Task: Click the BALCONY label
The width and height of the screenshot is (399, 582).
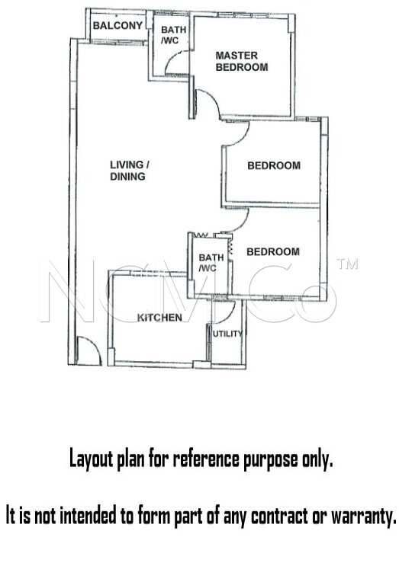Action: (117, 26)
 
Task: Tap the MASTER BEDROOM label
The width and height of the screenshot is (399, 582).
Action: (242, 61)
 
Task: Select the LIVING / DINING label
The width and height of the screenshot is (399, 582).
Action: (130, 171)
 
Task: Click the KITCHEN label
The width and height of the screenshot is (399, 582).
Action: (159, 318)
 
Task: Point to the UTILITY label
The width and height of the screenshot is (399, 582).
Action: (227, 334)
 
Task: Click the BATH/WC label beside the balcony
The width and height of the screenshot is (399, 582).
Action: (173, 35)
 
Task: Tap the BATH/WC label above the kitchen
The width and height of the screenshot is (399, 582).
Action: (211, 262)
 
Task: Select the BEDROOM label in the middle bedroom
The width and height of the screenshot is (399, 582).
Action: (274, 165)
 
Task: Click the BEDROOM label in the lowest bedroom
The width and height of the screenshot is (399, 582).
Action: (273, 251)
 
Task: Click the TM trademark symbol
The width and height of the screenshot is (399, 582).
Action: (347, 264)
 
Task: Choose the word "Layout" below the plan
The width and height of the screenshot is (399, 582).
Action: (92, 459)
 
